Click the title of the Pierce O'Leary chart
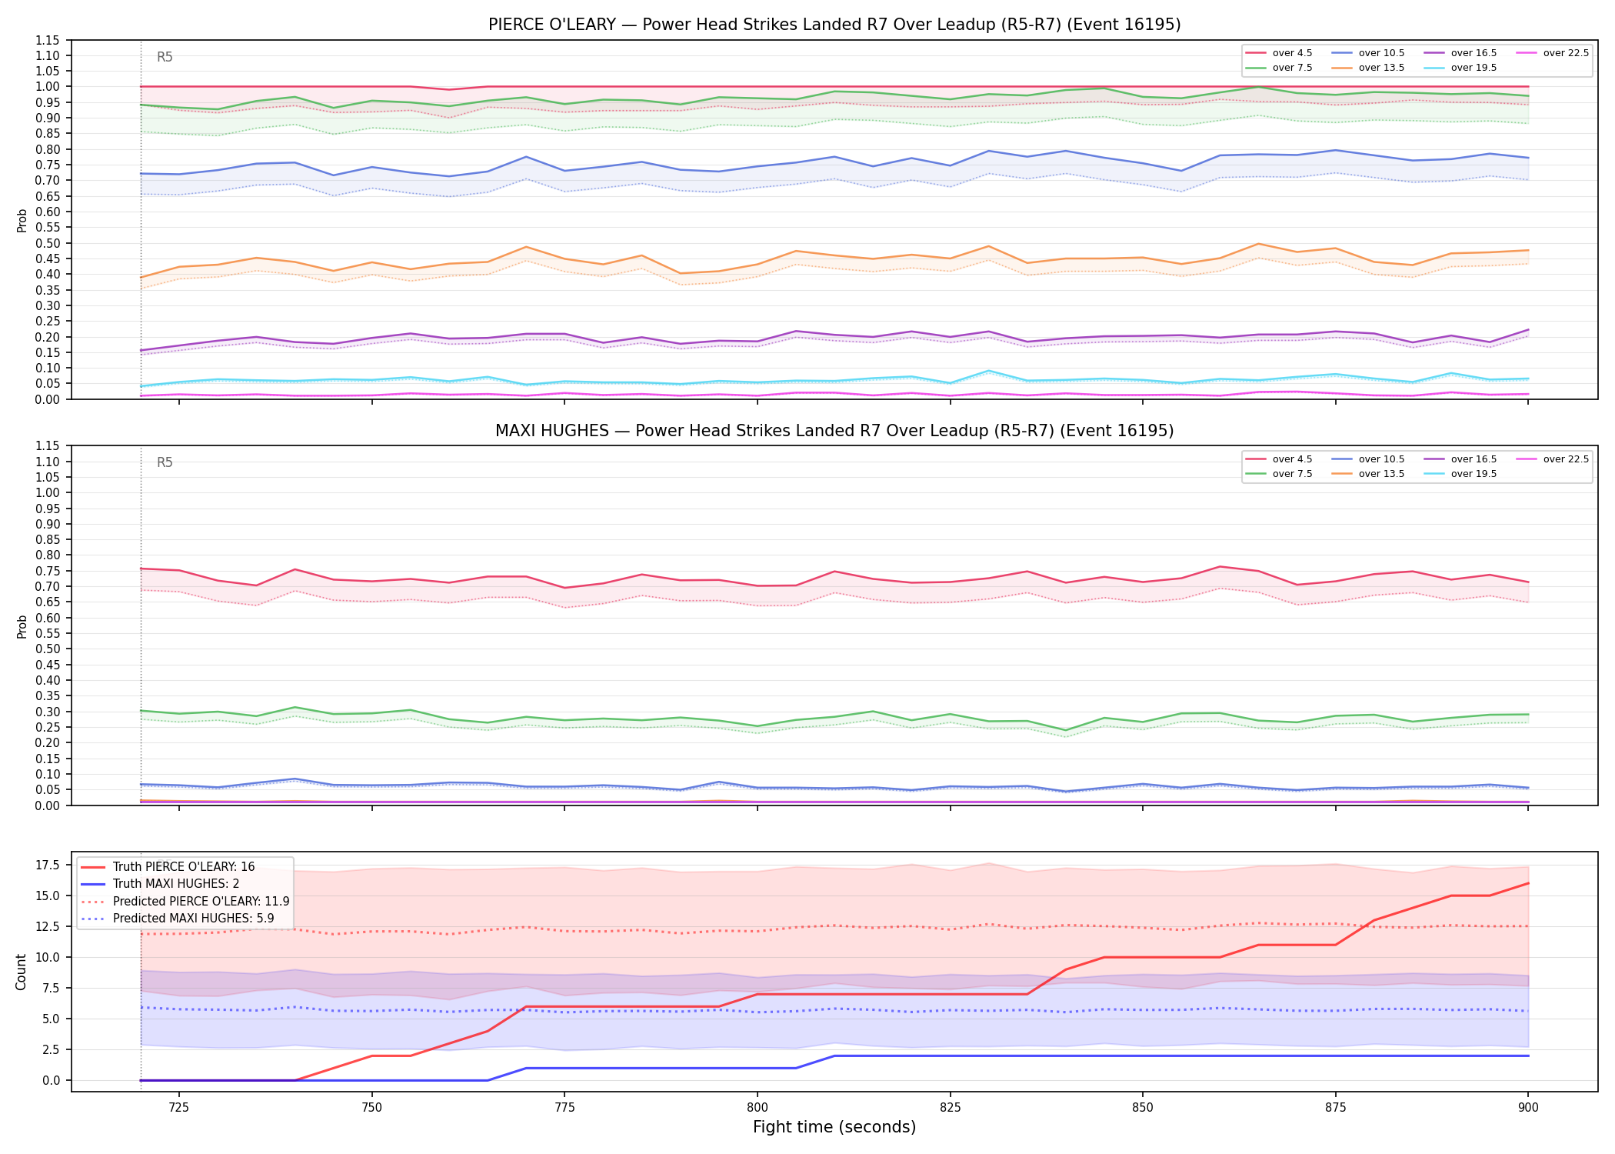tap(834, 25)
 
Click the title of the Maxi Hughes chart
tap(834, 431)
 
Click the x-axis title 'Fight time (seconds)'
tap(834, 1128)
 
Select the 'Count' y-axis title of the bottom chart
tap(22, 972)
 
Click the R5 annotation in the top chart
tap(165, 57)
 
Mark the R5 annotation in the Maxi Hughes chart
tap(165, 463)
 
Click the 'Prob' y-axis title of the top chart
tap(22, 220)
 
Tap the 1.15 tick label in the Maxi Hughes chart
tap(49, 446)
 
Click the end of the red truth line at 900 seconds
tap(1528, 883)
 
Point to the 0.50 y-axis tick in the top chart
tap(49, 243)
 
